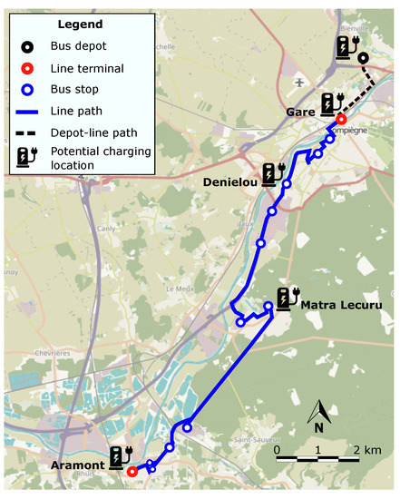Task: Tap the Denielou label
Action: (230, 181)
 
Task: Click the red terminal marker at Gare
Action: (341, 119)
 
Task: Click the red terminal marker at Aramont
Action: (132, 471)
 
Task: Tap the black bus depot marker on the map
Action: (363, 59)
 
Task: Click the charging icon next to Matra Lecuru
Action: (287, 298)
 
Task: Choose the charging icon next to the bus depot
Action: (346, 47)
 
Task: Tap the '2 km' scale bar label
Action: (366, 450)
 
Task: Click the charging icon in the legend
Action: (29, 158)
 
